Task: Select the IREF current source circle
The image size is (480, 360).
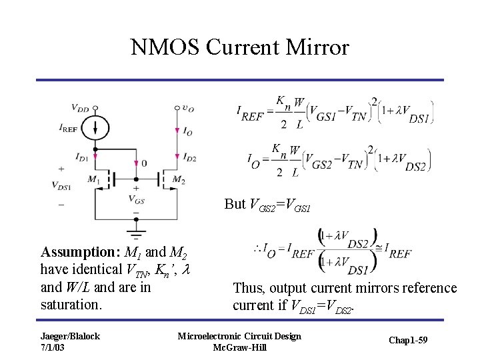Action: [x=95, y=127]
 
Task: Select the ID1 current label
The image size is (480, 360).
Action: [x=81, y=158]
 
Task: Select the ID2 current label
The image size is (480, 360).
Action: [x=189, y=158]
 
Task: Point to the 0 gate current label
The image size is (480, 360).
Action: [x=144, y=163]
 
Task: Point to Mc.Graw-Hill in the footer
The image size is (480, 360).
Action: [x=239, y=347]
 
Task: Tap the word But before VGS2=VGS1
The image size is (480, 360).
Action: [x=235, y=205]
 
